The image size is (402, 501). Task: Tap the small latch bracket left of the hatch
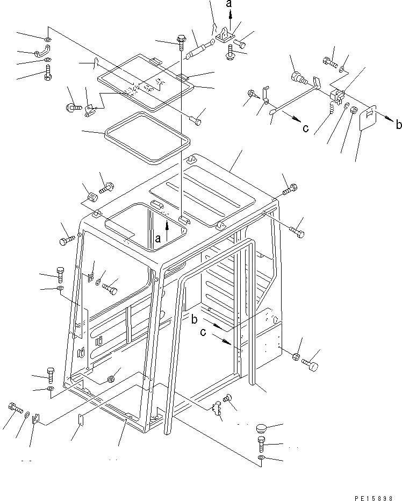(91, 111)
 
